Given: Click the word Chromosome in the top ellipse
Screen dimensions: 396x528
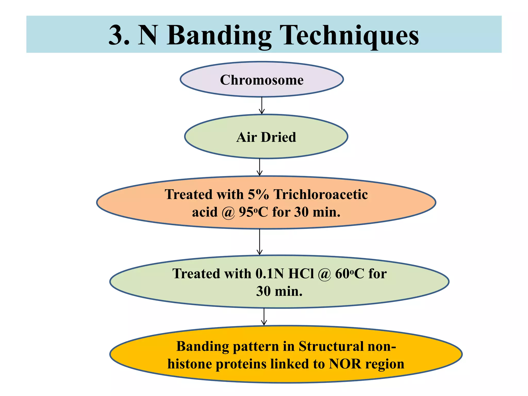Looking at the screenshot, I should [x=262, y=80].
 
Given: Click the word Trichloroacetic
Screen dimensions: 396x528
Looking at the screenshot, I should [x=321, y=194].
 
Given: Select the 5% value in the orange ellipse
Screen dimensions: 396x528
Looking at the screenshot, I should [x=258, y=194].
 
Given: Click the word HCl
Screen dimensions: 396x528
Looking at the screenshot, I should [x=301, y=274].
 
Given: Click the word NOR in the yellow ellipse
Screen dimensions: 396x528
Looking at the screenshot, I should [x=345, y=364].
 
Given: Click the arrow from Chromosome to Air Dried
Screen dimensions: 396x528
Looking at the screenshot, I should [x=262, y=105].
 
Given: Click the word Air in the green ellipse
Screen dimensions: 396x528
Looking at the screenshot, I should [x=246, y=137].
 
